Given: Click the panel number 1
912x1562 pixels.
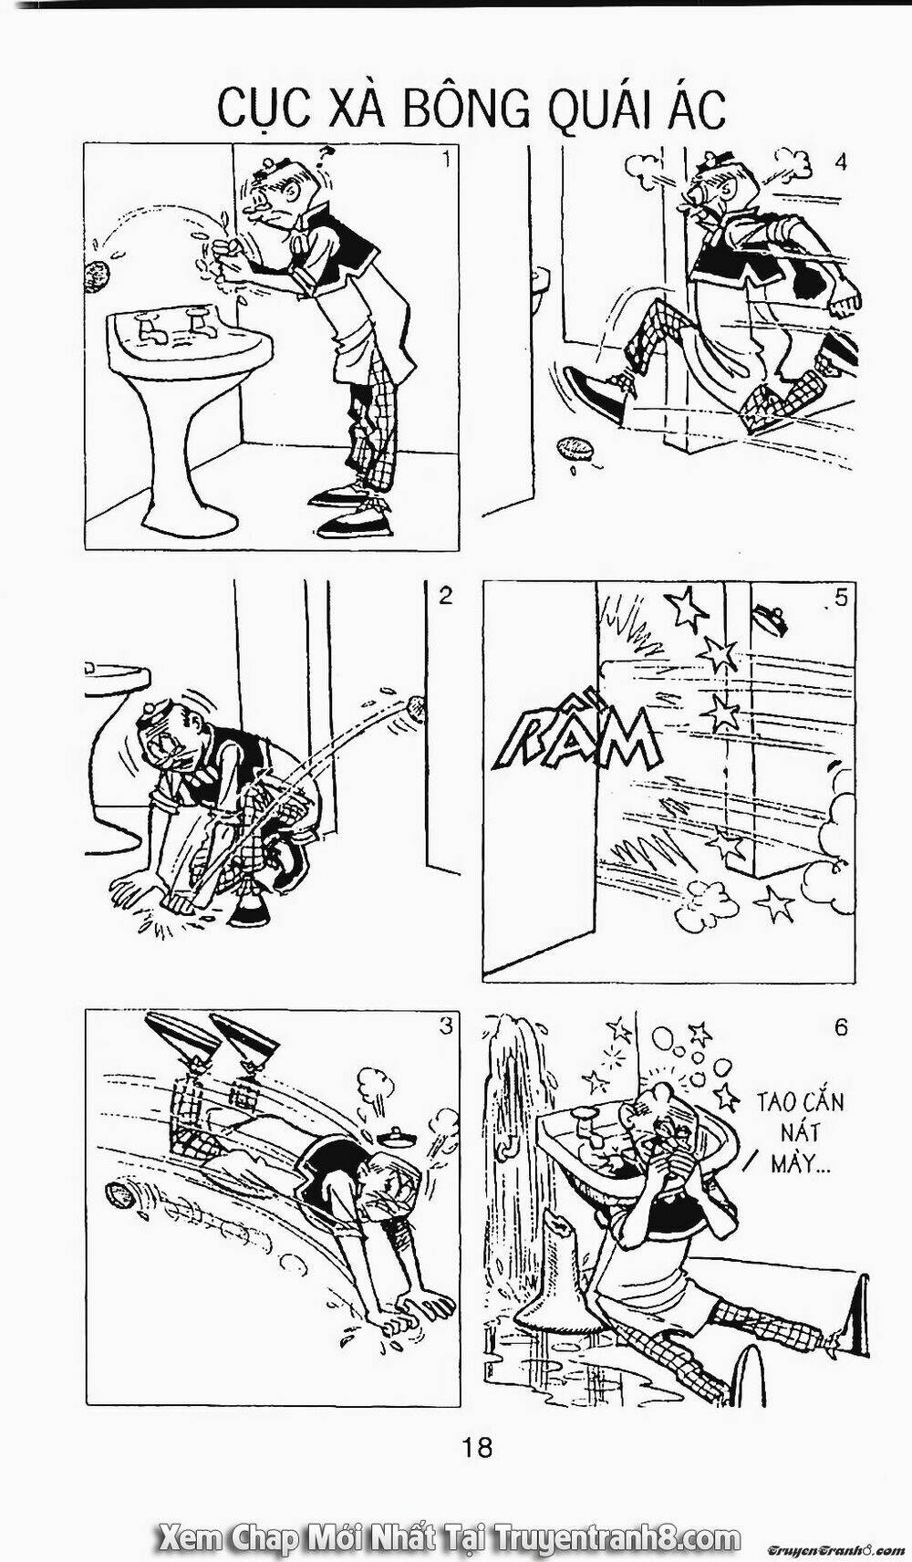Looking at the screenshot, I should (446, 161).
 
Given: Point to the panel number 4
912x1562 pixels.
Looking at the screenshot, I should (840, 162).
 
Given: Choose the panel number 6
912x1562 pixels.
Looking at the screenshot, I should (840, 1026).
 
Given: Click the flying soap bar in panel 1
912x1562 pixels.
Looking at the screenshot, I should (95, 276).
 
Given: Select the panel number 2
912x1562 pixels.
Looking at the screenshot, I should (445, 597).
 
